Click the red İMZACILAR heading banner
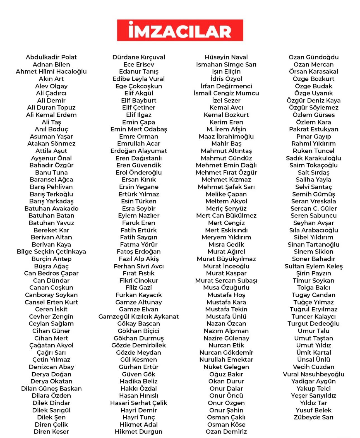click(180, 30)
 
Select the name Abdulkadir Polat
click(51, 57)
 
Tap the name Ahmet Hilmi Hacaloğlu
click(51, 71)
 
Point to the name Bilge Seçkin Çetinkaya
click(51, 252)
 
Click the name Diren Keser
click(51, 432)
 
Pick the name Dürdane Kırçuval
click(139, 57)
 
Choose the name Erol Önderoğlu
click(139, 173)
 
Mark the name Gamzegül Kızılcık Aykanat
click(139, 317)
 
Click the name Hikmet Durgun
click(139, 432)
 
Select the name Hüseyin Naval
click(226, 57)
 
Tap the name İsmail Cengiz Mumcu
click(226, 93)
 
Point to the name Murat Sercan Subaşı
click(226, 281)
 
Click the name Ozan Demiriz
click(226, 432)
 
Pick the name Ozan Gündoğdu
click(313, 57)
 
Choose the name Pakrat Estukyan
click(313, 129)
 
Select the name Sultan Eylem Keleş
click(313, 266)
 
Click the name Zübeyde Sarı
click(313, 417)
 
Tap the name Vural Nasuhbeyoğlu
click(313, 374)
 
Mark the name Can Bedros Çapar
click(51, 273)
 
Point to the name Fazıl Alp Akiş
click(139, 259)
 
